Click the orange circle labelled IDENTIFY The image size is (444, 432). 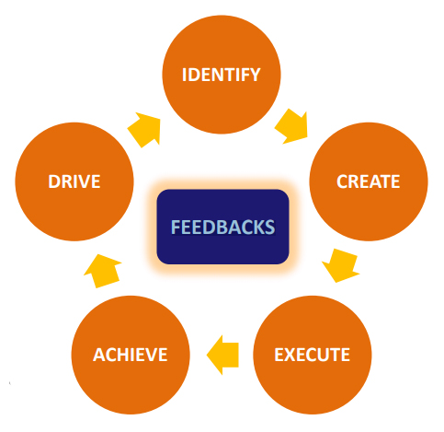point(220,74)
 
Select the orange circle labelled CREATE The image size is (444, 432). point(368,181)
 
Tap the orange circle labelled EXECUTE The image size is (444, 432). point(313,354)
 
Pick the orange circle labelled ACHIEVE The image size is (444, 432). point(130,354)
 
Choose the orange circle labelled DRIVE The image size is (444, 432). point(74,181)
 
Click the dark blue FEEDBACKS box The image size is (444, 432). point(222,226)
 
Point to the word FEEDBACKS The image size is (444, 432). point(222,226)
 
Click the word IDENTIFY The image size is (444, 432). point(220,74)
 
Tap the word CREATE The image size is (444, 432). point(368,181)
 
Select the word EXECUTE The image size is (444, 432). point(313,355)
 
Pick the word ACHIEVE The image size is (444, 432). point(130,355)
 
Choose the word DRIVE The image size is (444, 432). point(74,181)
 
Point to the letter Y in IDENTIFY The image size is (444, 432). point(255,74)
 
